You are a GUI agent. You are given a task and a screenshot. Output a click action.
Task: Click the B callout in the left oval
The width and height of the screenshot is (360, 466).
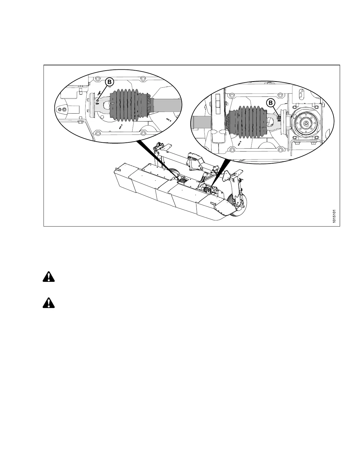pyautogui.click(x=109, y=82)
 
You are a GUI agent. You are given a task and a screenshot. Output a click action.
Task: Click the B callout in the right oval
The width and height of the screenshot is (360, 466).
pyautogui.click(x=271, y=103)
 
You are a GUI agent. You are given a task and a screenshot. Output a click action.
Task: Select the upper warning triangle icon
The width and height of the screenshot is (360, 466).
pyautogui.click(x=49, y=277)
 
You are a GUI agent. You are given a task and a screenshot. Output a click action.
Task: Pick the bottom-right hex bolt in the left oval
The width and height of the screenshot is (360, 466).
pyautogui.click(x=146, y=135)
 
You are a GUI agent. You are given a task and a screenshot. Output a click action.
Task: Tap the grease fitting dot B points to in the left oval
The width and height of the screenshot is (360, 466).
pyautogui.click(x=98, y=100)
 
